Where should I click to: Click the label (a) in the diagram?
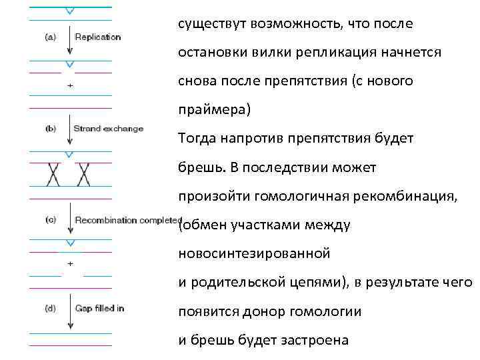(50, 37)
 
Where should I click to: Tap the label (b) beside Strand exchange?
(50, 129)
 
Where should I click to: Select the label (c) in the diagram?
(50, 220)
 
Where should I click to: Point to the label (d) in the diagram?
(50, 308)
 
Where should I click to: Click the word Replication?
(98, 37)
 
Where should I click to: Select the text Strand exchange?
(108, 129)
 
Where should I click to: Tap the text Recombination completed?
(128, 220)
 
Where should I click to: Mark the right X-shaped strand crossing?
(84, 174)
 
